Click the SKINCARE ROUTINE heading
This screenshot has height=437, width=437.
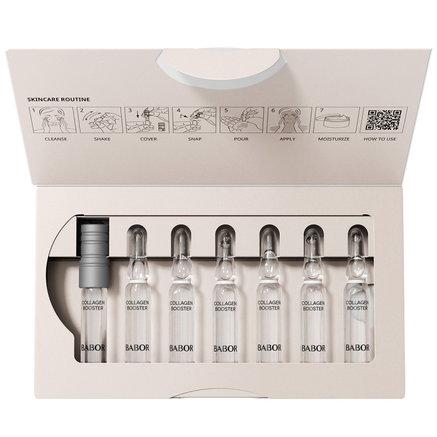(x=58, y=99)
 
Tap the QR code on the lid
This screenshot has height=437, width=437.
(x=384, y=120)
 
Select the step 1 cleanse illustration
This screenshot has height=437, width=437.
(x=52, y=120)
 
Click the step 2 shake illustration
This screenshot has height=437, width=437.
(x=100, y=120)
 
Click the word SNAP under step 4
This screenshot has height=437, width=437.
(x=194, y=139)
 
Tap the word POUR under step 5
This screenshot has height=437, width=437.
(x=241, y=139)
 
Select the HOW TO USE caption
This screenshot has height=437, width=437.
(x=380, y=139)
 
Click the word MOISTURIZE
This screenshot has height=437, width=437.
(x=334, y=139)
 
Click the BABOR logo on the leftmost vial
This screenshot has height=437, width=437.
(x=93, y=347)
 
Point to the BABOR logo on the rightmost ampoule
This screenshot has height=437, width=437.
(x=358, y=347)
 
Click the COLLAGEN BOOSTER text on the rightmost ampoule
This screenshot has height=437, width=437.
(x=357, y=305)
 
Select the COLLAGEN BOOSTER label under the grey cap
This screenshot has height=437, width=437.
(x=93, y=305)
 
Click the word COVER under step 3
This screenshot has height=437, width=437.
(x=148, y=139)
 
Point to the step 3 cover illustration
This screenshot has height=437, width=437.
(x=146, y=120)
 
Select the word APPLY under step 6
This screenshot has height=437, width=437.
(x=287, y=139)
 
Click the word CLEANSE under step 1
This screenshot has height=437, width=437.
(x=56, y=139)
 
